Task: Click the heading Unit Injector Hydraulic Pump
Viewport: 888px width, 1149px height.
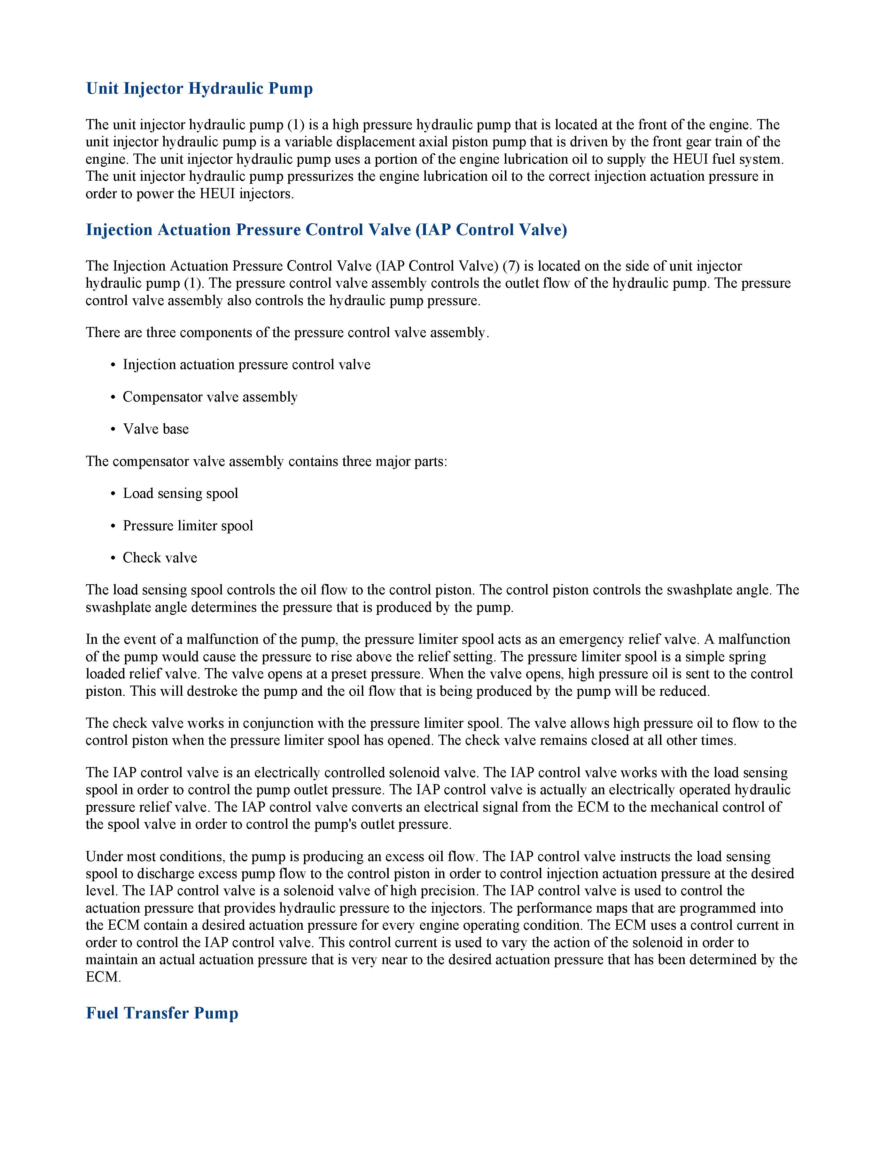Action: pyautogui.click(x=200, y=88)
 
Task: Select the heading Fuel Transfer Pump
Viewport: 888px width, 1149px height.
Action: pyautogui.click(x=162, y=1013)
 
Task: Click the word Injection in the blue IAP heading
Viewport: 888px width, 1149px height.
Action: pyautogui.click(x=119, y=230)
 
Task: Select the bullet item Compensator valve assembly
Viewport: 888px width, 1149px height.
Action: pyautogui.click(x=210, y=397)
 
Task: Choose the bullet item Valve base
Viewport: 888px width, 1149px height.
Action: pyautogui.click(x=156, y=429)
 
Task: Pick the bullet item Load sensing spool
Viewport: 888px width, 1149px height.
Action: pyautogui.click(x=180, y=493)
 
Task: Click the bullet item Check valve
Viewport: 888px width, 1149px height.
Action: pyautogui.click(x=160, y=558)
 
